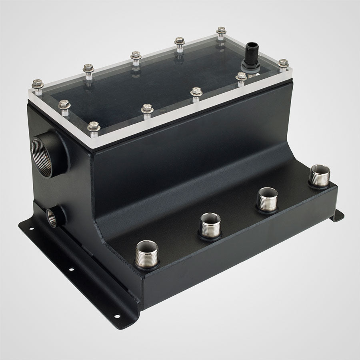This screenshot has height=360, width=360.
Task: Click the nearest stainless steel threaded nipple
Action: pos(146,255)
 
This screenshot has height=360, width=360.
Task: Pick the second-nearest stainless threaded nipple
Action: pos(210,226)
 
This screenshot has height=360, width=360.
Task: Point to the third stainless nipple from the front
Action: pos(267,200)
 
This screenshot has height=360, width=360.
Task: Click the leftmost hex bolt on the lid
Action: pos(38,84)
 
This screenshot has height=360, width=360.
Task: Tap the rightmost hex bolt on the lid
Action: pos(283,64)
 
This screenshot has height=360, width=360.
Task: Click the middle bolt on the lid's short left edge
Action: pos(64,105)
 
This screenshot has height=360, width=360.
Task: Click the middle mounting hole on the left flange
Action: pos(71,269)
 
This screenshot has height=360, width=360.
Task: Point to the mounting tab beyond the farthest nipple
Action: pos(338,216)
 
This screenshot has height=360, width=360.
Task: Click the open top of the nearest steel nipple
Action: pos(146,245)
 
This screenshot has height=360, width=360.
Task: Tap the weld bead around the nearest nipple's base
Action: pos(146,267)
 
